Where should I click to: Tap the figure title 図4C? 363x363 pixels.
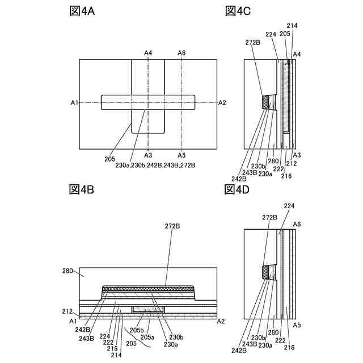(237, 11)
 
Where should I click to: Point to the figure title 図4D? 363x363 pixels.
(237, 189)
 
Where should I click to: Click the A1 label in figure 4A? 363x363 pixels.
(74, 103)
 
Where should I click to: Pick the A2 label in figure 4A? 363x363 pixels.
(222, 103)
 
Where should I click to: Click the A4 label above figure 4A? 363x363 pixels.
(148, 53)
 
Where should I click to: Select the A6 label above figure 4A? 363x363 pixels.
(181, 53)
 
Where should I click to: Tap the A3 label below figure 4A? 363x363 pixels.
(148, 155)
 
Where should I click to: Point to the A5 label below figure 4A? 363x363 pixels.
(181, 155)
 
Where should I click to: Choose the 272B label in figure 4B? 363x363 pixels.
(172, 226)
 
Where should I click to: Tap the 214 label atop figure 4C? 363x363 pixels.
(292, 26)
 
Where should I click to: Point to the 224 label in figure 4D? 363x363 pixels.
(289, 205)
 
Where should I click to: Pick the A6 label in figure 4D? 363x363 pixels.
(297, 225)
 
